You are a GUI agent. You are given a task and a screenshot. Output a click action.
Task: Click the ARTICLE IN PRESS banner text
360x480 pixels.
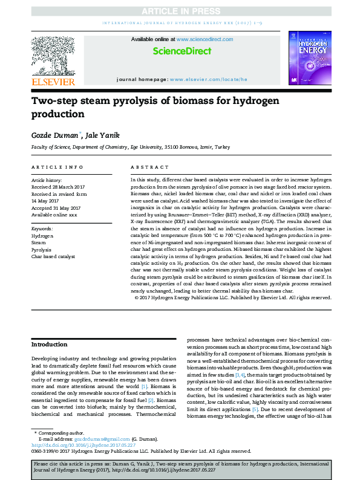[180, 11]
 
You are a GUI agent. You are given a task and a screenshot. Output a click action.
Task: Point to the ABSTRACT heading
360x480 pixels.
[149, 167]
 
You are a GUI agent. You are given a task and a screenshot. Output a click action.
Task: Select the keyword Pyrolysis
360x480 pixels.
[41, 249]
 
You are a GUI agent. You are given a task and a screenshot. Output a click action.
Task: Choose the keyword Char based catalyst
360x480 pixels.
[53, 256]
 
